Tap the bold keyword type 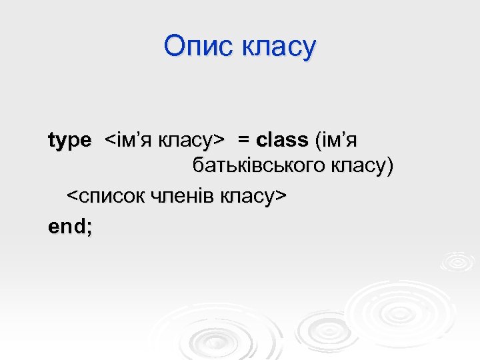(x=69, y=141)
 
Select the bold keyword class (x=282, y=140)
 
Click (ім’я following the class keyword (x=336, y=140)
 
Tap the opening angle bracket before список (x=71, y=197)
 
